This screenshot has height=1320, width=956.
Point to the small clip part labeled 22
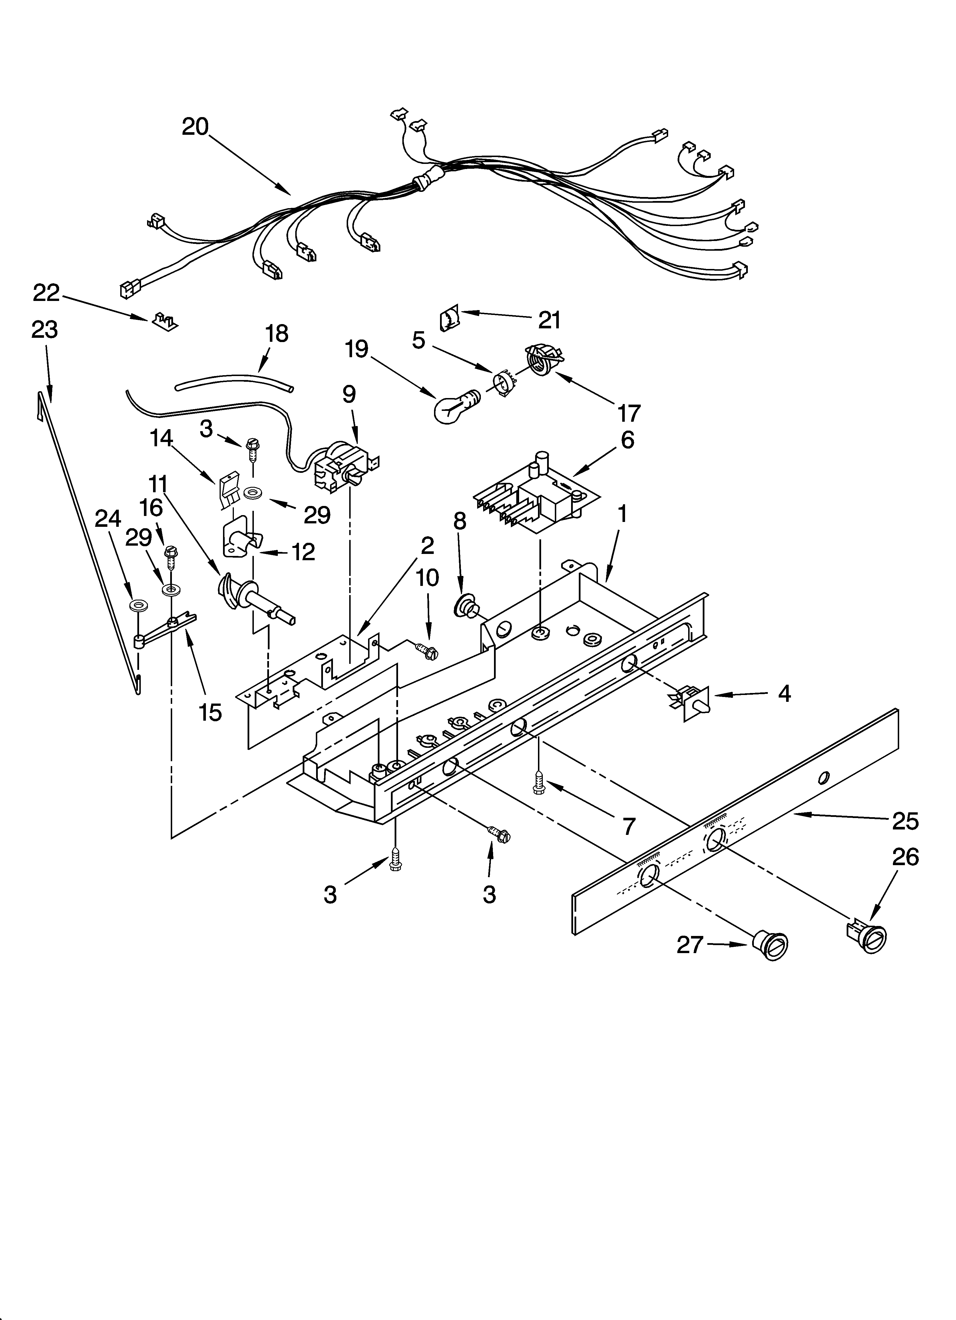click(x=165, y=320)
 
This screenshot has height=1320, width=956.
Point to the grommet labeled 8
click(x=466, y=605)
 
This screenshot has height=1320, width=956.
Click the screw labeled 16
click(x=170, y=557)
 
